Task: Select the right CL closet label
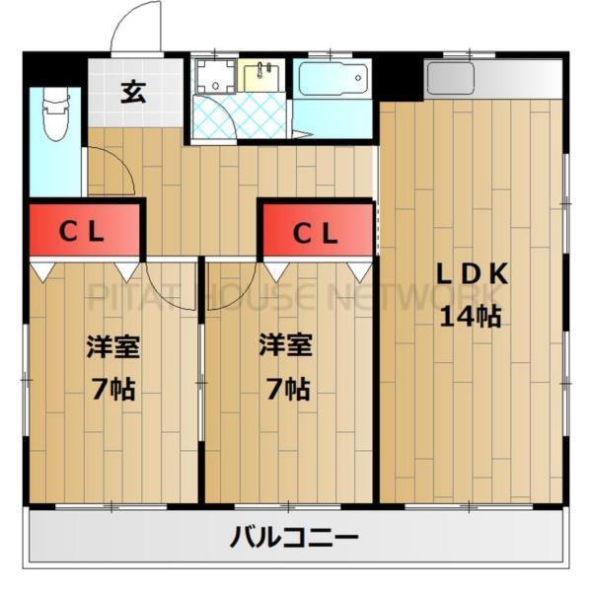pos(316,234)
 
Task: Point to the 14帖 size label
pos(472,318)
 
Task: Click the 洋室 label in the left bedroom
pos(111,346)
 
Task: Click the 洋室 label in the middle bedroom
pos(286,346)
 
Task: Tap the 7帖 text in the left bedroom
pos(111,388)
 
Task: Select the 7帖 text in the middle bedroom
pos(286,388)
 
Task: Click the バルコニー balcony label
pos(295,539)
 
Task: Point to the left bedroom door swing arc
pos(168,276)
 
